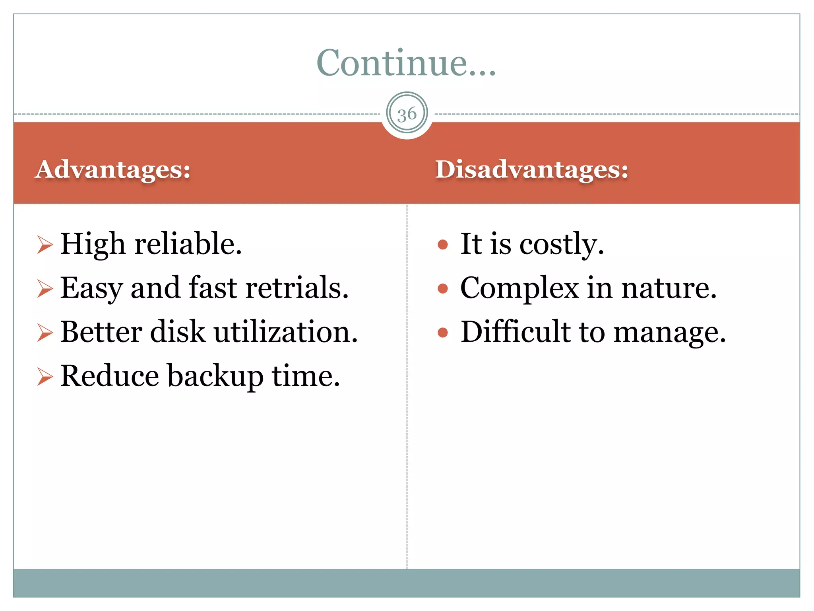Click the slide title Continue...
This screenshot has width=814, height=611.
406,63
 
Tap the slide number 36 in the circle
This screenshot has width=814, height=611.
407,114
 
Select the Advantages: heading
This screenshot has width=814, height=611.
113,169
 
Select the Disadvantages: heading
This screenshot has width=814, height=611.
531,169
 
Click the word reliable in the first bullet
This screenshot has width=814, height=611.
188,243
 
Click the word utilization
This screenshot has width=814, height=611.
286,332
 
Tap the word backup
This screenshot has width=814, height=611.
215,376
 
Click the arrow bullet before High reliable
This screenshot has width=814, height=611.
45,244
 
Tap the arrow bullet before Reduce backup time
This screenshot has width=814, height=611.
45,376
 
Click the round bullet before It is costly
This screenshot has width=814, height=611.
442,244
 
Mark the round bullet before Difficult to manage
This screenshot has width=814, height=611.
442,332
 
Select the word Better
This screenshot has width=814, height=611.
101,332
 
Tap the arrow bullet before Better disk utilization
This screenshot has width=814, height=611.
45,332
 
